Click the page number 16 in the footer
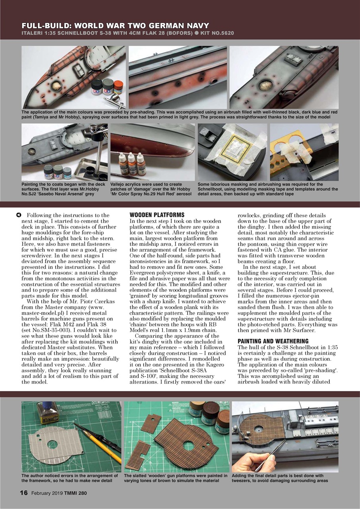[x=24, y=493]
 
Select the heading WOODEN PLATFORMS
[x=151, y=215]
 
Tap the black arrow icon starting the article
[x=18, y=215]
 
